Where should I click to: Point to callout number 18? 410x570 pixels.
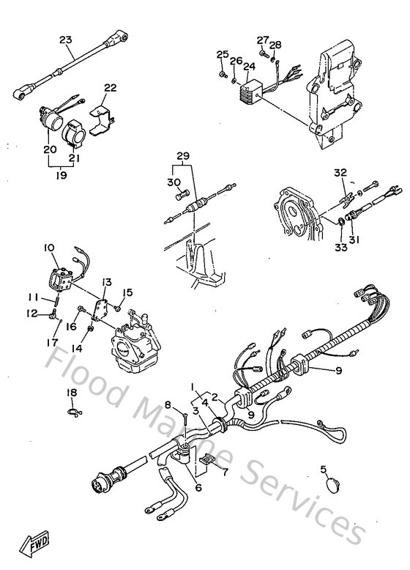tap(71, 393)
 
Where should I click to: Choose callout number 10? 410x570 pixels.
tap(50, 248)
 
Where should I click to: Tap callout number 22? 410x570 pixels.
tap(110, 87)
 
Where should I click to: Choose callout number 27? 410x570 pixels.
tap(263, 39)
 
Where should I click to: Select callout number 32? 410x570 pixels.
tap(340, 173)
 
